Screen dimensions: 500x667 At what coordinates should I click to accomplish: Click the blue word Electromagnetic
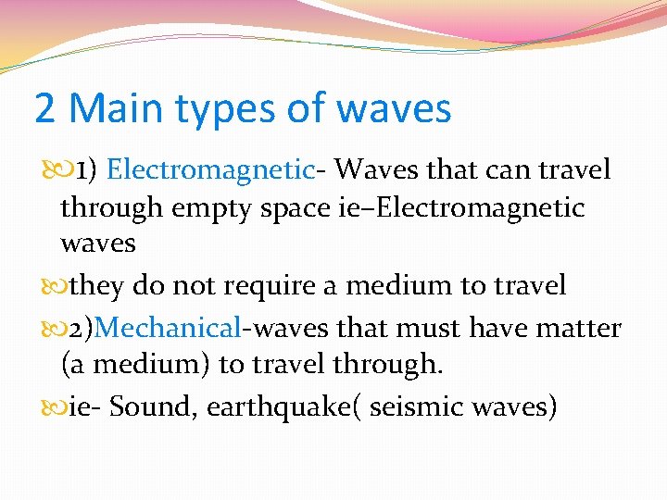(x=210, y=169)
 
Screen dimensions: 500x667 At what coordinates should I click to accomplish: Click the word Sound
(x=151, y=406)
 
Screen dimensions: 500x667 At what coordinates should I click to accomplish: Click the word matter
(x=583, y=328)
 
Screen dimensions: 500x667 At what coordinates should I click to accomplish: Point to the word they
(x=95, y=287)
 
